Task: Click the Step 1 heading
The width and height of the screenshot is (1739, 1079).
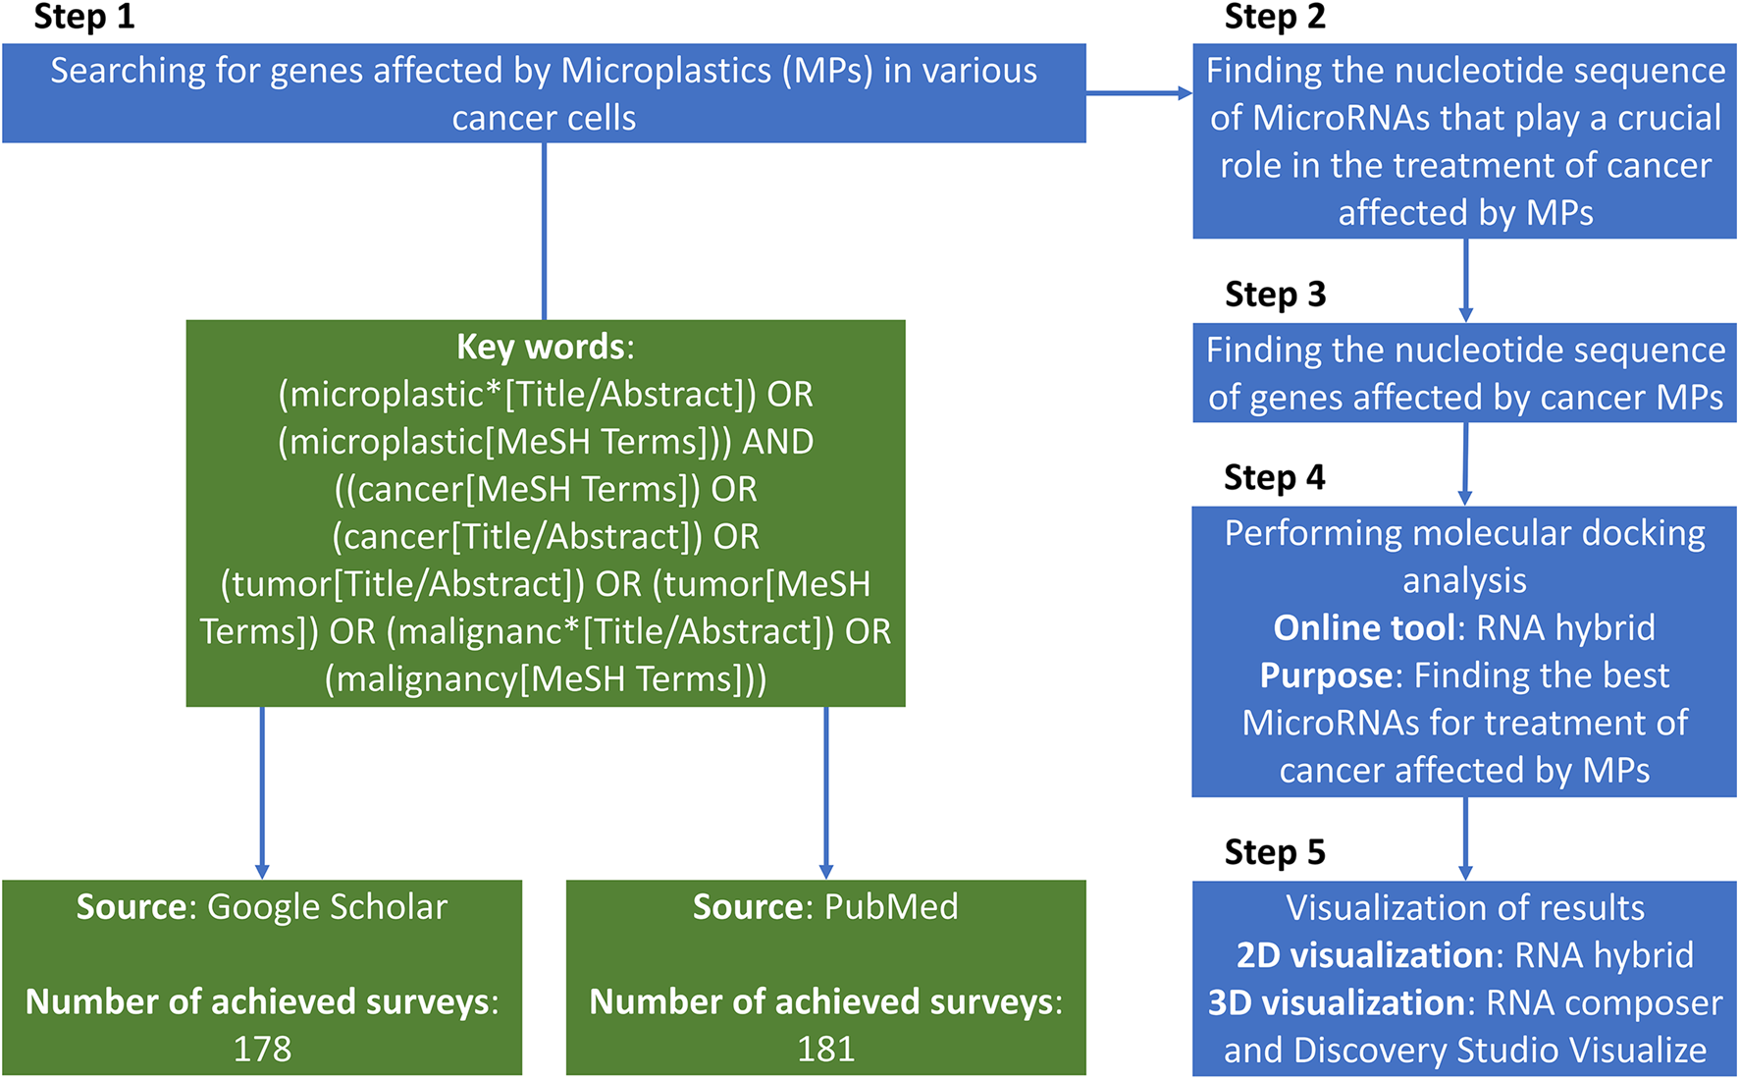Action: [x=83, y=18]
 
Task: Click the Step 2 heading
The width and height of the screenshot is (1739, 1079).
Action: [x=1274, y=18]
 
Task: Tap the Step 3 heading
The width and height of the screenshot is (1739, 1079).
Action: [x=1275, y=295]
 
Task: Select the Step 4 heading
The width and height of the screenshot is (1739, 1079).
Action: [x=1274, y=478]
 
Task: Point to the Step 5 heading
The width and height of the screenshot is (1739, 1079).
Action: [x=1274, y=852]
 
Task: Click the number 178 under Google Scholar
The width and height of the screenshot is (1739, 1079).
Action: [x=262, y=1050]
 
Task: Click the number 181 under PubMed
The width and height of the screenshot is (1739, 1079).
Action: [x=825, y=1050]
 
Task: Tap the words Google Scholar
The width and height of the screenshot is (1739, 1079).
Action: [x=327, y=907]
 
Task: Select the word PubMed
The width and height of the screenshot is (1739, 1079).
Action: [x=891, y=907]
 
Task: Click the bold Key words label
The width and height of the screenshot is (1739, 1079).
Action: [x=542, y=348]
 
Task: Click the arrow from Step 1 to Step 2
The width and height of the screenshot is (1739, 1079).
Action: [x=1138, y=93]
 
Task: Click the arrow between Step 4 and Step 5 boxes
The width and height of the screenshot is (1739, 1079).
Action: [x=1465, y=838]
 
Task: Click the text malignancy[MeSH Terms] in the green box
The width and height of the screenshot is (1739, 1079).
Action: [x=545, y=679]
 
